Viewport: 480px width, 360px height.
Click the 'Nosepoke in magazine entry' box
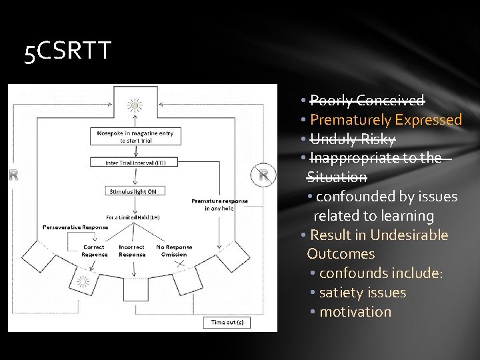(135, 137)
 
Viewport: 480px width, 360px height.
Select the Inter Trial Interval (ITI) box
(135, 162)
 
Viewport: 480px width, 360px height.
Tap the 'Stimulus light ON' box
(133, 191)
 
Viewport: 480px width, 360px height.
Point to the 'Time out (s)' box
(227, 323)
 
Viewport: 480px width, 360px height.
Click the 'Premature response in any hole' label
(219, 205)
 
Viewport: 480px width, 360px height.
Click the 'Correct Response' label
(94, 251)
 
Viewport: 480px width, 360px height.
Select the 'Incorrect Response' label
(131, 251)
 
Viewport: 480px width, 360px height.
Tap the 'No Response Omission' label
(174, 251)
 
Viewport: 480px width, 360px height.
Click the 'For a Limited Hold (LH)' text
(133, 217)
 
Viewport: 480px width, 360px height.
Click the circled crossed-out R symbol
(264, 175)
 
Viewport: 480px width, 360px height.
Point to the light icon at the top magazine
(135, 105)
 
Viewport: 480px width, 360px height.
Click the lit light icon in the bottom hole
(83, 281)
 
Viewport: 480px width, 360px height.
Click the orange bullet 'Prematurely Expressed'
(386, 120)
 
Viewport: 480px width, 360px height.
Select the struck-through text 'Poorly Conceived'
(367, 101)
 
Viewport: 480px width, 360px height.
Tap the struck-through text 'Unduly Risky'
(353, 139)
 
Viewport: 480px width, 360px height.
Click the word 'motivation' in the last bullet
(355, 312)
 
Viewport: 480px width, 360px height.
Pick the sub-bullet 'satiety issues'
(362, 293)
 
